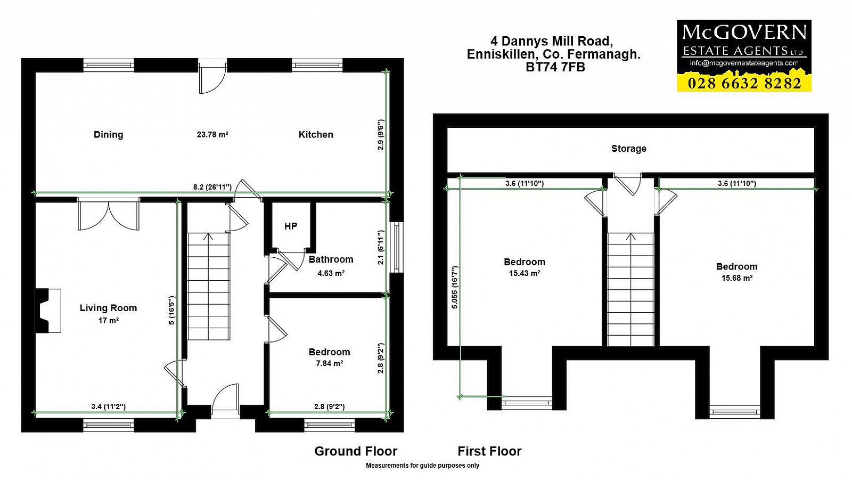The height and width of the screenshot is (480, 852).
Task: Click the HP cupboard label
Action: (291, 226)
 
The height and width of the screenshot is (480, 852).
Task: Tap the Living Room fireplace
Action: (48, 311)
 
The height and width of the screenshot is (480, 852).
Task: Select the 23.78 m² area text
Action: (212, 134)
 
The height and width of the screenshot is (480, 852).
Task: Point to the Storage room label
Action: (628, 149)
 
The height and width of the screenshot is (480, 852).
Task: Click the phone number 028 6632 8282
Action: (744, 83)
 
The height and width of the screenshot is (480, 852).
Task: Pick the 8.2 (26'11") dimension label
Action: (212, 187)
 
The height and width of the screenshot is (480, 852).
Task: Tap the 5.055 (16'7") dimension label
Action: (455, 287)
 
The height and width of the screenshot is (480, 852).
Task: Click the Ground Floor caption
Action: (356, 451)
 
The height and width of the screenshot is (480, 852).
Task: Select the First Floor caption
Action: (489, 451)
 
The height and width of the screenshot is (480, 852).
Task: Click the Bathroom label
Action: (331, 259)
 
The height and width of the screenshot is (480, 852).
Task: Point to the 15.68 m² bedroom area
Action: (737, 278)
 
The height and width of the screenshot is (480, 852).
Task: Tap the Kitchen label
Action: (316, 134)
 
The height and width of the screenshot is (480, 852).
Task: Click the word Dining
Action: (109, 135)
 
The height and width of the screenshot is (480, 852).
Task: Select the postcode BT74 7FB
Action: (555, 67)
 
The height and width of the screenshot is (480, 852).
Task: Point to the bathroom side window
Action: (397, 247)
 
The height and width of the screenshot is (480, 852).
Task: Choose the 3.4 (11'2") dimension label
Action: (109, 406)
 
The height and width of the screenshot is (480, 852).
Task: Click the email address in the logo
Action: (744, 63)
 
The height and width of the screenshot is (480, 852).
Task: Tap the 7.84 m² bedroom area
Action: (330, 363)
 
